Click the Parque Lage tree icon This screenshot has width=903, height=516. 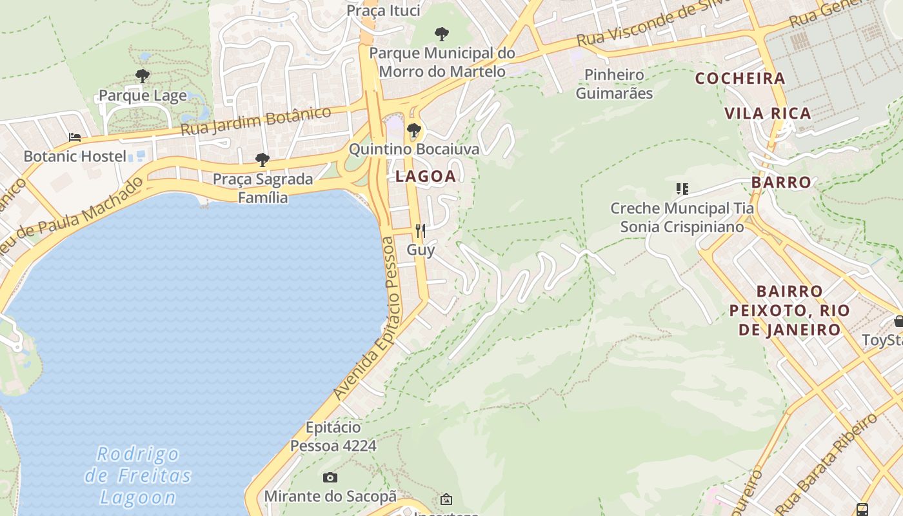(143, 76)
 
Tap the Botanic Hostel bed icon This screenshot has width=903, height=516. (75, 137)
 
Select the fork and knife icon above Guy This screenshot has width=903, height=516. (420, 230)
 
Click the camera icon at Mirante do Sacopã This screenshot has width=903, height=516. (330, 478)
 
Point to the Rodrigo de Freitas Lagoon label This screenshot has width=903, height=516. (139, 475)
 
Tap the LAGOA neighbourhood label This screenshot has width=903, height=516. (426, 176)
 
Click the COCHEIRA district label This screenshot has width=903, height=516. (740, 79)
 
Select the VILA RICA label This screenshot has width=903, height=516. (768, 114)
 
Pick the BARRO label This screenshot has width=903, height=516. (781, 182)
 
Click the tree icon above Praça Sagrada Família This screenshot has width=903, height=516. (262, 159)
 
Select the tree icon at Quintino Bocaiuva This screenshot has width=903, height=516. (414, 131)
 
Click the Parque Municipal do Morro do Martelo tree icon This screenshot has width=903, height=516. (442, 34)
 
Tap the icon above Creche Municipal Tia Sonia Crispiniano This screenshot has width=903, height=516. (682, 189)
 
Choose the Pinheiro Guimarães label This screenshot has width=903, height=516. (614, 84)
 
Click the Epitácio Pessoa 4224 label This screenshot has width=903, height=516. (333, 436)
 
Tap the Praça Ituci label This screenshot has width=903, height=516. (383, 10)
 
